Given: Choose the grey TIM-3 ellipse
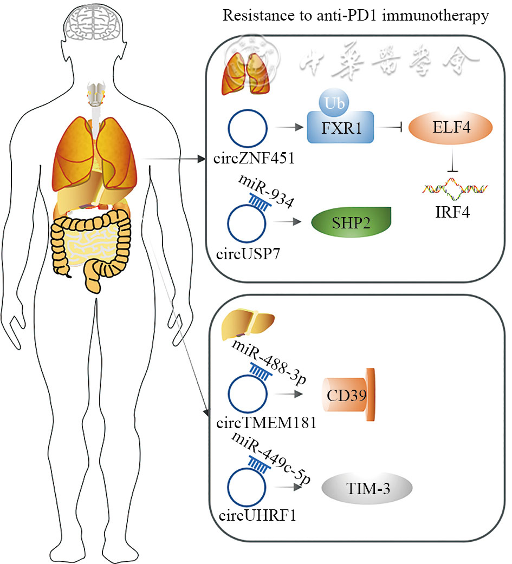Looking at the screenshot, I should pos(367,490).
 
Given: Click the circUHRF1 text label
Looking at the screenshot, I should pos(251,514).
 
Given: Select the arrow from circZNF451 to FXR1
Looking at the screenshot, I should pos(289,129).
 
